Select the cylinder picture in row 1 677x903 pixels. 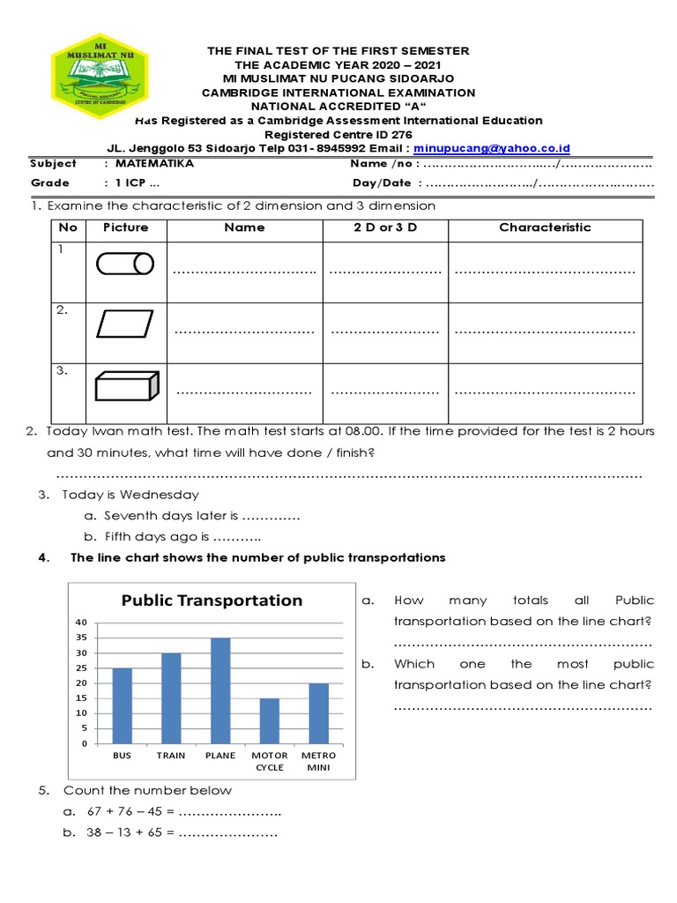(124, 264)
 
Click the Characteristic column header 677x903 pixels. (545, 228)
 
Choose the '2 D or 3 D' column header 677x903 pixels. (384, 228)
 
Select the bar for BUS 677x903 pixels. (122, 705)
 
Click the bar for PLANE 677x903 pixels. (219, 690)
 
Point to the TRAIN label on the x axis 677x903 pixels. (171, 756)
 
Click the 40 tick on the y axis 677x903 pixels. (81, 623)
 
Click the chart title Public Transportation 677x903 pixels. (212, 601)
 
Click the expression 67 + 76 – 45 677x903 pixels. (124, 811)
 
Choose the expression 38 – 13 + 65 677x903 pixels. (124, 832)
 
